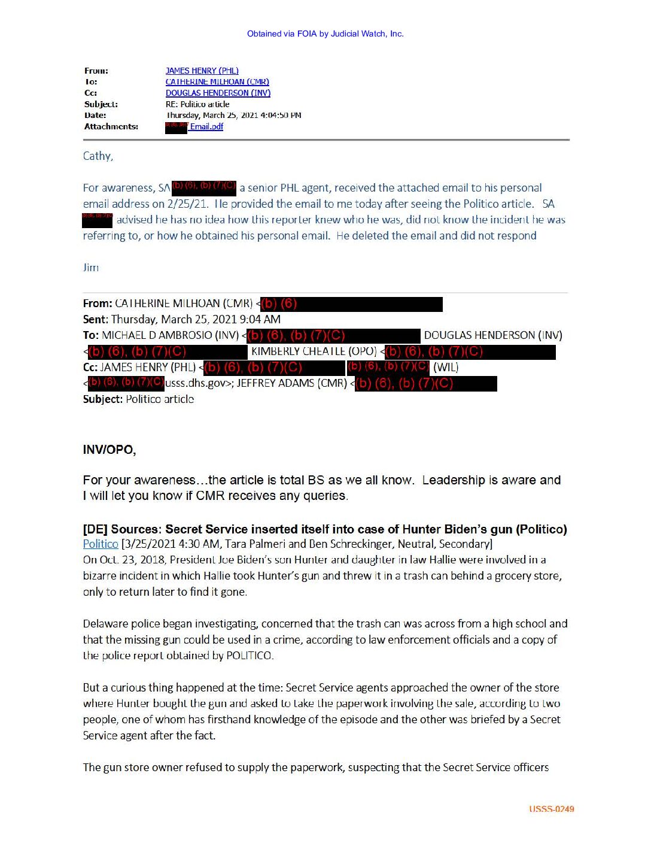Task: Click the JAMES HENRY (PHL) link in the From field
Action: (202, 71)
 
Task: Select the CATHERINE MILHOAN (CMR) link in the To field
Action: (217, 81)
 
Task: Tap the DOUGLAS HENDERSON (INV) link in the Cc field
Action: (218, 93)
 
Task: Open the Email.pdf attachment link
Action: (206, 126)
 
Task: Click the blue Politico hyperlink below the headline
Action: (101, 544)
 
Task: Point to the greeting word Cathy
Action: (98, 156)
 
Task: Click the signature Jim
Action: (91, 268)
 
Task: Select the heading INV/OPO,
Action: (109, 450)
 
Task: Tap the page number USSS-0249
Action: (551, 809)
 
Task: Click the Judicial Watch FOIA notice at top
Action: (325, 34)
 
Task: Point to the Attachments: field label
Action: (111, 126)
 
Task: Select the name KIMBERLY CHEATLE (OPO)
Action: (314, 351)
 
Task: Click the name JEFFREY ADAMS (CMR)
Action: (292, 383)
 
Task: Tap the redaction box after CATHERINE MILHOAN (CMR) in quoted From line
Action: (352, 304)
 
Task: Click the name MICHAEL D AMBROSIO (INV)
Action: (170, 335)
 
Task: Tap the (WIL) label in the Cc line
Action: (445, 367)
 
